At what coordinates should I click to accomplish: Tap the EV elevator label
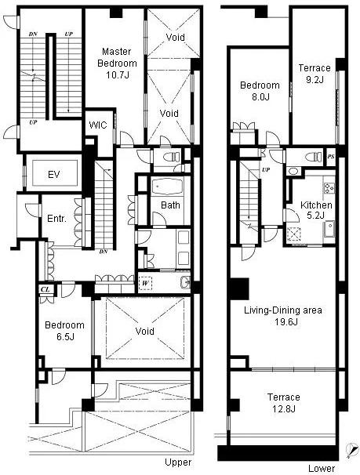[54, 175]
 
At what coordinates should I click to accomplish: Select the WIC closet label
[98, 125]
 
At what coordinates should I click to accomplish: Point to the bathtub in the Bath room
[167, 186]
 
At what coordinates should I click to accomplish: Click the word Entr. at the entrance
[56, 219]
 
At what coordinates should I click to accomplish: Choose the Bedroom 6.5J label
[64, 331]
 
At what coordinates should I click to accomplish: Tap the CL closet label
[45, 289]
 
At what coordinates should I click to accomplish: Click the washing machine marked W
[145, 283]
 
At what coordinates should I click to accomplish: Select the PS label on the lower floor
[331, 157]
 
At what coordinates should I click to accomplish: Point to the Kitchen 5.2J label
[316, 210]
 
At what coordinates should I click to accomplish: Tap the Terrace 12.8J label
[284, 403]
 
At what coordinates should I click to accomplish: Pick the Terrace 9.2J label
[315, 74]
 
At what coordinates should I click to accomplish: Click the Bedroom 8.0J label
[260, 91]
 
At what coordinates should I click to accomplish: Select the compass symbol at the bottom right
[351, 451]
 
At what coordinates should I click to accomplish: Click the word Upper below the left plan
[178, 462]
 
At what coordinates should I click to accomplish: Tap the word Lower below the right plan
[322, 468]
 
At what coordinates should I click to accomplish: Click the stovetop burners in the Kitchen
[329, 188]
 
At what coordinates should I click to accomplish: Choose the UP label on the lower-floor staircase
[266, 169]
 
